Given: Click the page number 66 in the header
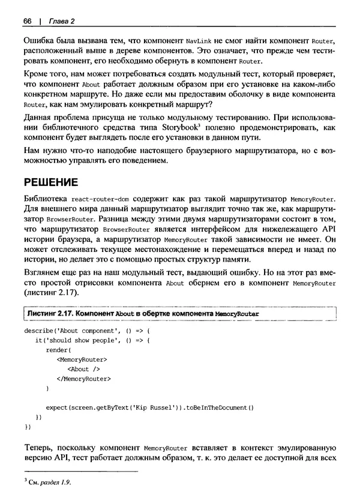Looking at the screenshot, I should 28,22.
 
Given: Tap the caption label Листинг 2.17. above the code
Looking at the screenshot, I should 55,313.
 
